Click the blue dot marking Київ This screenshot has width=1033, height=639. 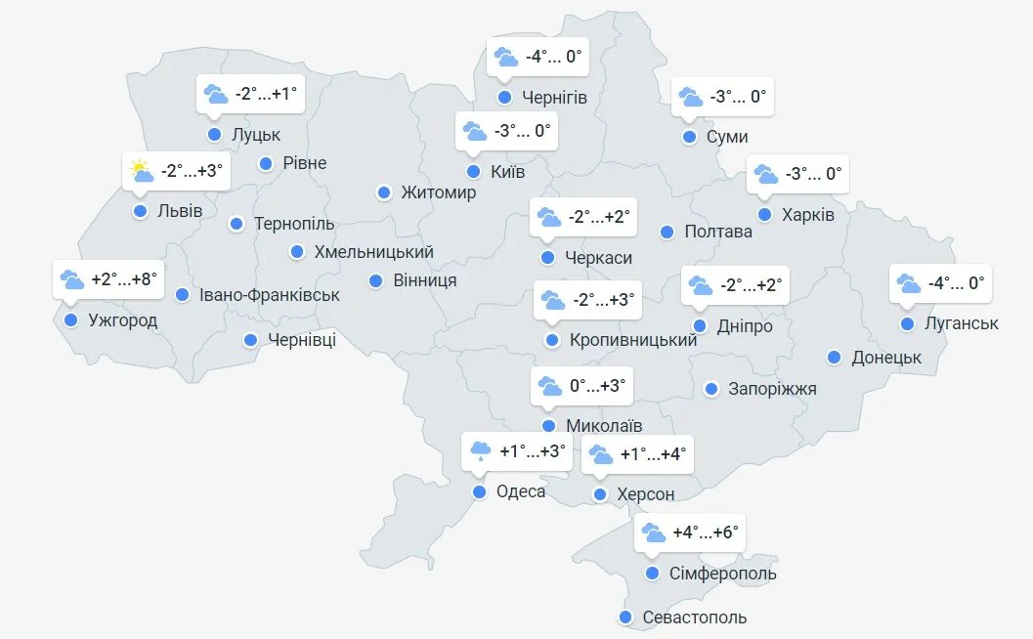473,172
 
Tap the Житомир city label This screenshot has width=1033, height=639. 438,192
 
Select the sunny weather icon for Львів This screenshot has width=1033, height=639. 142,172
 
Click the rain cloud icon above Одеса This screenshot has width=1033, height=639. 481,451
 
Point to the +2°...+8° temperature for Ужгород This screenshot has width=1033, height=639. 123,279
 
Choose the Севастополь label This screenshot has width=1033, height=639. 694,618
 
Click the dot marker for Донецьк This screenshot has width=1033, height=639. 834,358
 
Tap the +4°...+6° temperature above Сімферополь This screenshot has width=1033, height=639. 706,533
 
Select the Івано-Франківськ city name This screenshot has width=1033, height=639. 269,294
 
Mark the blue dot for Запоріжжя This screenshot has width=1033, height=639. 711,389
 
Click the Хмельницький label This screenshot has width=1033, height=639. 373,252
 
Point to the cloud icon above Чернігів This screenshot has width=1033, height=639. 505,57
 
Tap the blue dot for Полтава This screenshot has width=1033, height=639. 667,232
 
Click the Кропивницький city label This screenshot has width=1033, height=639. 633,340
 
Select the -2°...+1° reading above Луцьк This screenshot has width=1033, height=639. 265,94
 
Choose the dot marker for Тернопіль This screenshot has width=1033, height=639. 237,225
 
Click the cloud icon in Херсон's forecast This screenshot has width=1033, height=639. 600,454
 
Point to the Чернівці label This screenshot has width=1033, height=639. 301,340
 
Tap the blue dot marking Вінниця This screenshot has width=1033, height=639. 375,281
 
